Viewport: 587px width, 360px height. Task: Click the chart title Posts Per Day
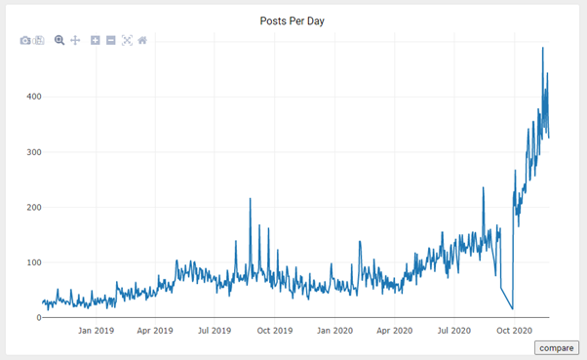click(293, 20)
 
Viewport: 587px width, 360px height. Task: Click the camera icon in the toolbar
click(25, 40)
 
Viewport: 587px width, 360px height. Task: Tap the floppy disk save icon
click(39, 40)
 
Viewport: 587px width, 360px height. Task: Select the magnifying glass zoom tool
click(59, 40)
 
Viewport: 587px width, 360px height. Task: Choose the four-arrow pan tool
click(75, 40)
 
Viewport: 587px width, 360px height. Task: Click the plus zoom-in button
click(96, 40)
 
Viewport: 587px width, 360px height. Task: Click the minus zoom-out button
click(111, 40)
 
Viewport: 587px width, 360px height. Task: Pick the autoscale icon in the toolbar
click(127, 40)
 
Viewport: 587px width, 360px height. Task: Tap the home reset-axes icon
click(142, 40)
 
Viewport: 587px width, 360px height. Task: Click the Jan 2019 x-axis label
click(99, 331)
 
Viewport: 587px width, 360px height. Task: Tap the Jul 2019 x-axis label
click(216, 331)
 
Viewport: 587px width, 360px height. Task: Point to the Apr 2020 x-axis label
click(396, 331)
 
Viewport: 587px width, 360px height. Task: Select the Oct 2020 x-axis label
click(514, 331)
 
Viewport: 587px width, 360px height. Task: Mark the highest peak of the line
click(543, 48)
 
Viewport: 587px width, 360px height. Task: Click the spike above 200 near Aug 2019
click(251, 199)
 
